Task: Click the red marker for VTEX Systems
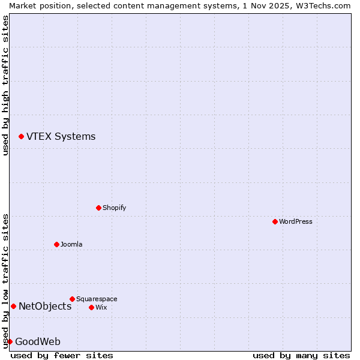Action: click(x=21, y=137)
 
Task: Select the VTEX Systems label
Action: click(x=61, y=137)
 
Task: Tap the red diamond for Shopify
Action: click(x=98, y=208)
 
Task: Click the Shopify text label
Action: click(x=114, y=208)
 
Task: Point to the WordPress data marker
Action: click(x=275, y=221)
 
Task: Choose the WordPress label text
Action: click(x=295, y=221)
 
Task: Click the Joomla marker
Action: click(x=56, y=244)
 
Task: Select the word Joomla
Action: click(x=71, y=244)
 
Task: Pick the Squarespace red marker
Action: click(x=72, y=299)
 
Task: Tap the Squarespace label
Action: click(x=97, y=299)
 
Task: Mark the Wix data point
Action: click(x=91, y=307)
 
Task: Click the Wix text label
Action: click(x=101, y=307)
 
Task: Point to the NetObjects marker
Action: click(x=13, y=307)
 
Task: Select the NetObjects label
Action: click(x=45, y=307)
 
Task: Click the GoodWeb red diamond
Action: click(x=10, y=341)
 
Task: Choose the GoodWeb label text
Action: click(x=38, y=342)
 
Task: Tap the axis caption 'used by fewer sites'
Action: click(x=62, y=355)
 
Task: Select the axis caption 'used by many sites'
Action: click(x=301, y=355)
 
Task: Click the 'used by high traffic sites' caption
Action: click(x=5, y=85)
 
